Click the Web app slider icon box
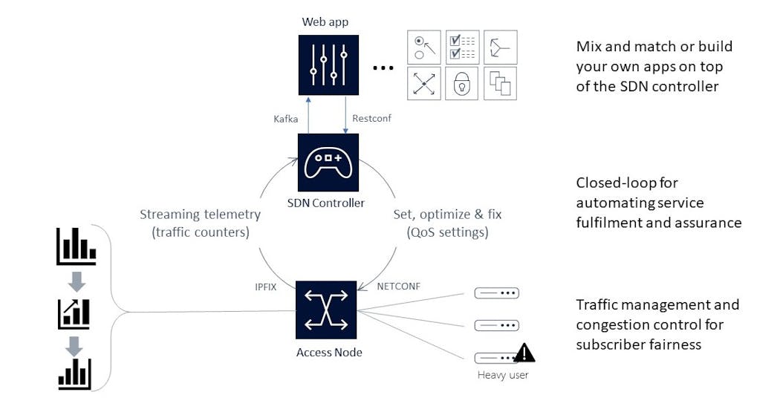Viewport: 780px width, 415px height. pyautogui.click(x=328, y=65)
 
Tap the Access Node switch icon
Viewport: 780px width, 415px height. pyautogui.click(x=326, y=310)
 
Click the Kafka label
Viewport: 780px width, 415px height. pyautogui.click(x=287, y=119)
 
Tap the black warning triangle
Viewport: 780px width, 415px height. pyautogui.click(x=524, y=353)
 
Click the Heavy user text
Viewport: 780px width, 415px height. pyautogui.click(x=503, y=375)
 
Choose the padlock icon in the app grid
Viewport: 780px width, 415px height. pyautogui.click(x=462, y=84)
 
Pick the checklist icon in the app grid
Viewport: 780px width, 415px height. pyautogui.click(x=462, y=47)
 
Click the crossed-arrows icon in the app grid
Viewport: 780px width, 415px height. pyautogui.click(x=424, y=84)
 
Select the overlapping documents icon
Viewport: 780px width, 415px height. pyautogui.click(x=500, y=84)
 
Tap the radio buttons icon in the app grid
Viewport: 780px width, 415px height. pyautogui.click(x=424, y=47)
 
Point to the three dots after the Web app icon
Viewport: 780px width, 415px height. pyautogui.click(x=383, y=68)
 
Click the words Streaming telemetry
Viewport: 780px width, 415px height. pyautogui.click(x=200, y=215)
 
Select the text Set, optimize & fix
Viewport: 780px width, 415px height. pyautogui.click(x=447, y=215)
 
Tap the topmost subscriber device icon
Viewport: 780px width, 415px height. pyautogui.click(x=496, y=293)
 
